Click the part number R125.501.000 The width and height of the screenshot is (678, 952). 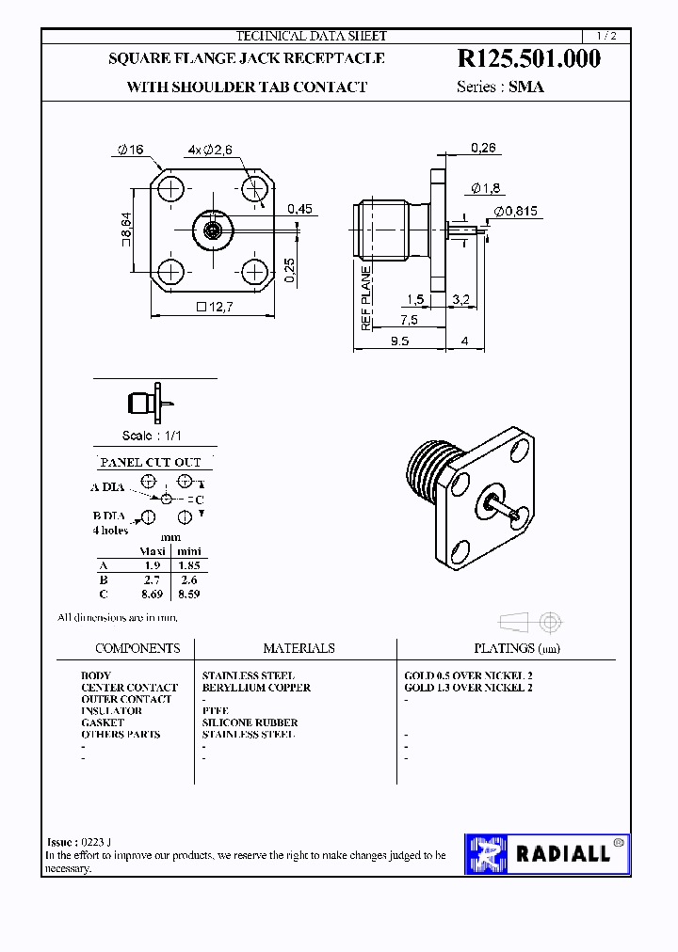pyautogui.click(x=528, y=59)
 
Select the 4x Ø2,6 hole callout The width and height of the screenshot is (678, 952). pyautogui.click(x=203, y=150)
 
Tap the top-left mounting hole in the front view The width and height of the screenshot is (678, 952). pyautogui.click(x=170, y=188)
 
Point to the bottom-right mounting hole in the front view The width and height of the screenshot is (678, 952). pyautogui.click(x=254, y=272)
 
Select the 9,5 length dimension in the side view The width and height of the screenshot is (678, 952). pyautogui.click(x=397, y=341)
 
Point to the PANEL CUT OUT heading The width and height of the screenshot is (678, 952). pyautogui.click(x=151, y=462)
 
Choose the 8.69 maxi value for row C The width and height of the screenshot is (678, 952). pyautogui.click(x=152, y=594)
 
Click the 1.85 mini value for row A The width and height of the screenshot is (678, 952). pyautogui.click(x=188, y=565)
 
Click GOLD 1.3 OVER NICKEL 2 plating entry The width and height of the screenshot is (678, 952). pyautogui.click(x=468, y=688)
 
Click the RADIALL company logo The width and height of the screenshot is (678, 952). pyautogui.click(x=547, y=854)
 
